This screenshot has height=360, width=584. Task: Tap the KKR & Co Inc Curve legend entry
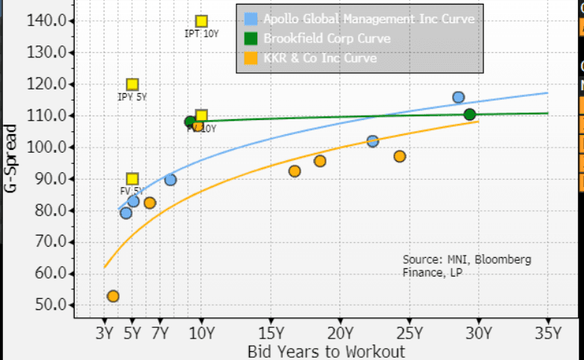click(x=320, y=58)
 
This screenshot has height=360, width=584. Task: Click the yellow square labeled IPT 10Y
click(x=201, y=22)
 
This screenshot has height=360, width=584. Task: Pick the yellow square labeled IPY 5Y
click(x=132, y=85)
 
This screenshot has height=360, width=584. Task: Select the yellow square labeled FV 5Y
click(x=132, y=179)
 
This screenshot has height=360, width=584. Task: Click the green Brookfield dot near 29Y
click(x=470, y=114)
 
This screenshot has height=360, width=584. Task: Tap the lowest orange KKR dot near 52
click(x=113, y=296)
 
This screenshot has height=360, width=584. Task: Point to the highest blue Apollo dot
click(x=459, y=98)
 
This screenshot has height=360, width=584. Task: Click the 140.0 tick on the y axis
click(x=44, y=21)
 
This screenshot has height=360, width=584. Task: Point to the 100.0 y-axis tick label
click(x=44, y=148)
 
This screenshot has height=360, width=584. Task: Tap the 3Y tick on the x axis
click(x=104, y=332)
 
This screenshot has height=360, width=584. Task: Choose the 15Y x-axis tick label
click(x=271, y=332)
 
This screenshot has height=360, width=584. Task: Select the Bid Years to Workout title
click(x=326, y=351)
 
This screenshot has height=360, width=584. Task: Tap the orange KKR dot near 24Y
click(x=400, y=157)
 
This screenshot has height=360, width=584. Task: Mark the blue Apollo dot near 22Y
click(x=372, y=141)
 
